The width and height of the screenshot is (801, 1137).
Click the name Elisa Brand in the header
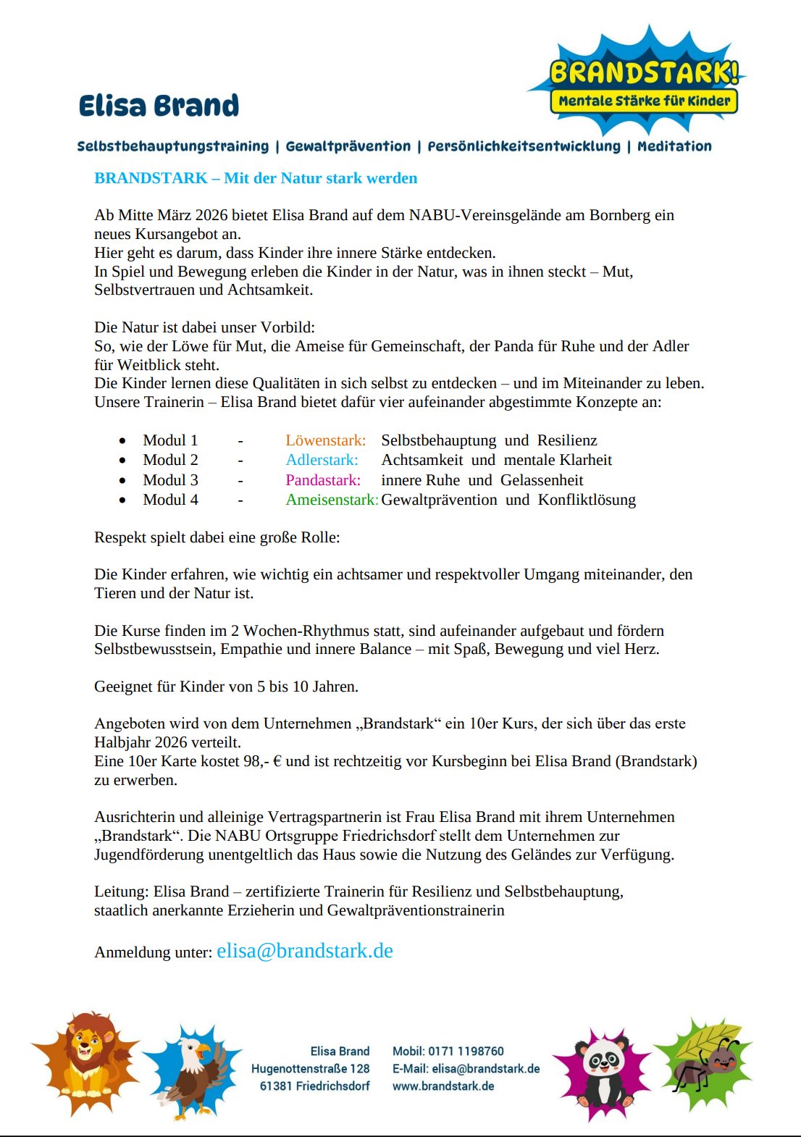coord(159,106)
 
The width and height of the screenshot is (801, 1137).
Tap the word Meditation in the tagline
coord(674,146)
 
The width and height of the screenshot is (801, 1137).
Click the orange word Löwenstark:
coord(325,440)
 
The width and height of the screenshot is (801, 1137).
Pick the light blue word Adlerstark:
coord(322,460)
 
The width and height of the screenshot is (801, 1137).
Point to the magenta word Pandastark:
coord(322,480)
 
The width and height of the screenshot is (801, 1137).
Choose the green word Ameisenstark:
coord(332,500)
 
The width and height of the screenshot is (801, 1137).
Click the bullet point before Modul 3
coord(122,481)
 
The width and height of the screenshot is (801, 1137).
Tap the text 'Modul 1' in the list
coord(170,440)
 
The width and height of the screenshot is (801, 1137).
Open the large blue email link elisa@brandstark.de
coord(305,951)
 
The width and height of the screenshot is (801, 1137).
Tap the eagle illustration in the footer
coord(193,1070)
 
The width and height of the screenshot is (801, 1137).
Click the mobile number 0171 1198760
coord(466,1051)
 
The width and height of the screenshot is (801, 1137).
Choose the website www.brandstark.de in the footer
coord(443,1086)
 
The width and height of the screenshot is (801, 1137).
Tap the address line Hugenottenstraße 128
coord(310,1068)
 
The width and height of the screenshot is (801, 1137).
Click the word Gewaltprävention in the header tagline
coord(348,146)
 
